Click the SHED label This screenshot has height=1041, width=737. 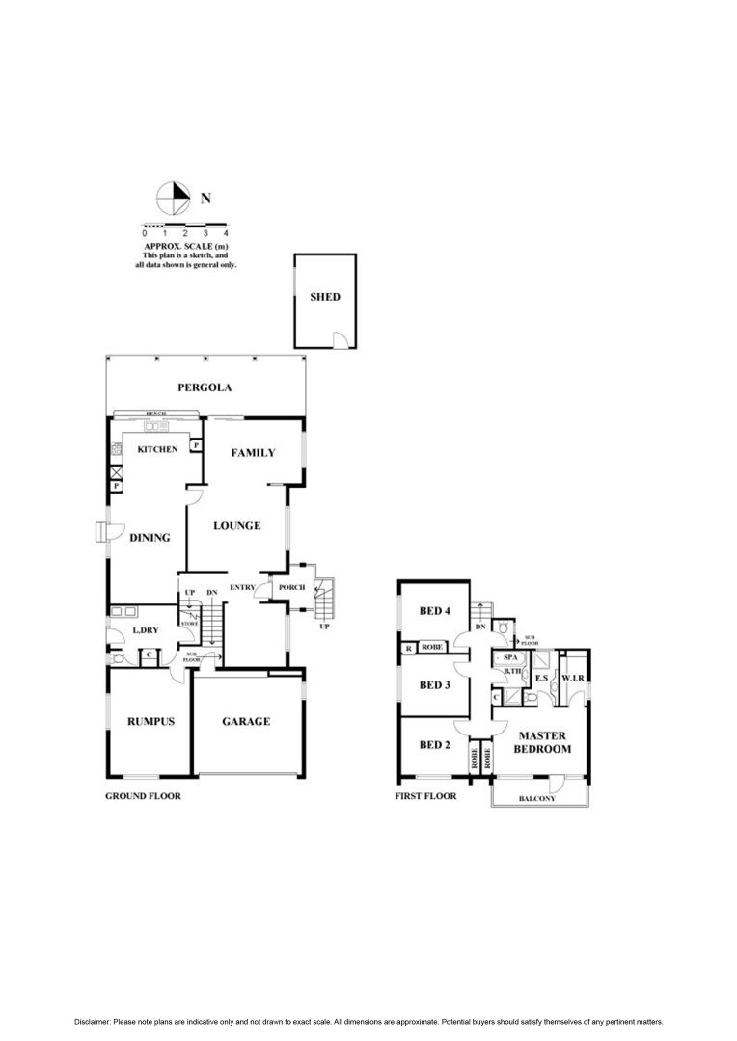(x=325, y=297)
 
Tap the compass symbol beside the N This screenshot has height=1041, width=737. (x=174, y=199)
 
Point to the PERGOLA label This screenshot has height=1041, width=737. (x=205, y=388)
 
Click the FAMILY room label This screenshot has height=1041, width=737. (x=254, y=453)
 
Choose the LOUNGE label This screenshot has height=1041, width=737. (x=237, y=526)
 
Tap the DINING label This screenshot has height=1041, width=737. (x=150, y=538)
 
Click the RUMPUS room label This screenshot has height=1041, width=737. (x=150, y=721)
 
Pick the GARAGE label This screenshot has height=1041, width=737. (x=246, y=721)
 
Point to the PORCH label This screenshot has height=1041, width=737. (x=291, y=588)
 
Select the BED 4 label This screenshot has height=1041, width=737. (x=435, y=611)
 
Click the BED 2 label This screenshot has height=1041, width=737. (x=435, y=744)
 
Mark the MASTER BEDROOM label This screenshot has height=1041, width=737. (x=541, y=742)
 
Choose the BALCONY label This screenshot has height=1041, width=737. (x=536, y=798)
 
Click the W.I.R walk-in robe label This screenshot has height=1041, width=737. (x=574, y=678)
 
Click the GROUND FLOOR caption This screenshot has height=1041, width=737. (x=143, y=797)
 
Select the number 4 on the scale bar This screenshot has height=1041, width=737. (x=226, y=233)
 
